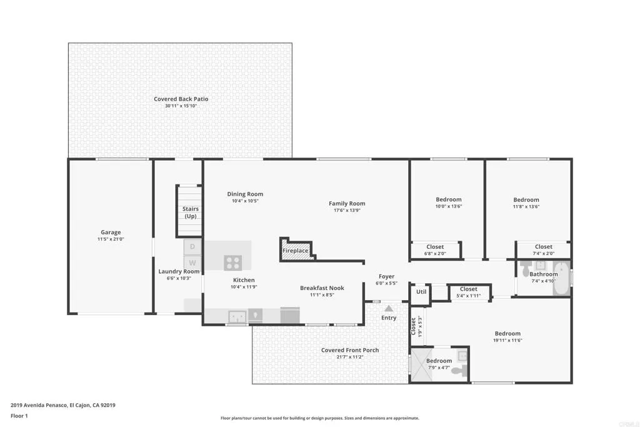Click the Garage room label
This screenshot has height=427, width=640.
pyautogui.click(x=111, y=233)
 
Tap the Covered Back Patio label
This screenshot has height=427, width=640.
pyautogui.click(x=181, y=99)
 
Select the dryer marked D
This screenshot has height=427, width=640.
pyautogui.click(x=192, y=247)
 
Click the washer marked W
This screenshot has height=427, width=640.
pyautogui.click(x=192, y=263)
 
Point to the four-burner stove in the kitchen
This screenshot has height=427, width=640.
pyautogui.click(x=232, y=263)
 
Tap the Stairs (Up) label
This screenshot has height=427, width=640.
pyautogui.click(x=191, y=213)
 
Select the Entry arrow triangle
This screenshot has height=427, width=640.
pyautogui.click(x=389, y=308)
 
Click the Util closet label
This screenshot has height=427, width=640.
pyautogui.click(x=421, y=291)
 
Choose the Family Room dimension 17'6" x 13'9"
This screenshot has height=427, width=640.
pyautogui.click(x=347, y=210)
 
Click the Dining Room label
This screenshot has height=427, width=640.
pyautogui.click(x=245, y=194)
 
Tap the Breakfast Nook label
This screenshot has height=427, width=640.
pyautogui.click(x=322, y=288)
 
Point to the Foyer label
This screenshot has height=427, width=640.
pyautogui.click(x=386, y=276)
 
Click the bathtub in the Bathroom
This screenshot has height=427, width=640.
pyautogui.click(x=562, y=279)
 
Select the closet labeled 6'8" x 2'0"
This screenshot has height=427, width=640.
pyautogui.click(x=435, y=250)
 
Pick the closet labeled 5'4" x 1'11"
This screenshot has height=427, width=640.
pyautogui.click(x=469, y=293)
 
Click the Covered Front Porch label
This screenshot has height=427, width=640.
pyautogui.click(x=350, y=350)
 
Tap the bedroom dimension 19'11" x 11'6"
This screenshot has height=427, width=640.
pyautogui.click(x=507, y=340)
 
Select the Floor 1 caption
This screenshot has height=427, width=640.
pyautogui.click(x=19, y=416)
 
